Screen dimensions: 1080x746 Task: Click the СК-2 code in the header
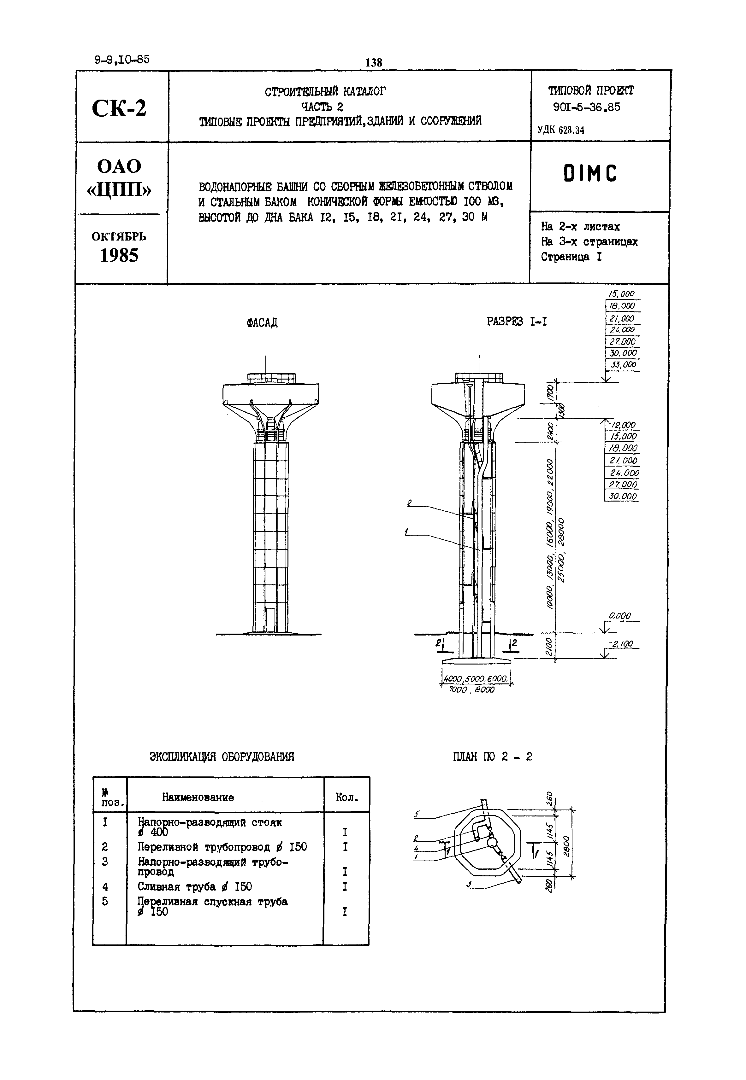tap(119, 108)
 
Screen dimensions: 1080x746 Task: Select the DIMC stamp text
tap(590, 174)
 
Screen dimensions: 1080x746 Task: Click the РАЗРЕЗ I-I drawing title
tap(517, 322)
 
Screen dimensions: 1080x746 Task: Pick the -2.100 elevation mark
tap(621, 644)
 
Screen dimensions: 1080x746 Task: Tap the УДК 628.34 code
tap(560, 130)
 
